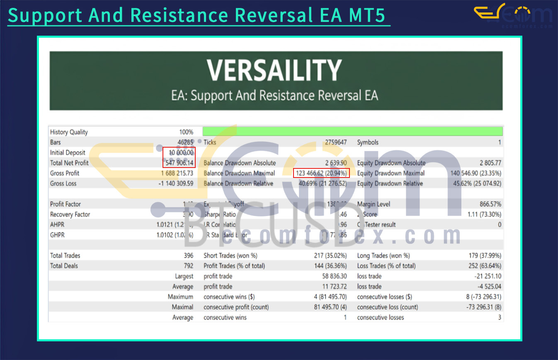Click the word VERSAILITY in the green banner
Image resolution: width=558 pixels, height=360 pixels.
[x=274, y=71]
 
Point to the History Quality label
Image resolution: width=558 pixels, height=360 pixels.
[x=69, y=132]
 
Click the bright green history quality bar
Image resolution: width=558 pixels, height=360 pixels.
[x=352, y=132]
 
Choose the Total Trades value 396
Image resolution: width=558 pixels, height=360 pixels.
[x=188, y=255]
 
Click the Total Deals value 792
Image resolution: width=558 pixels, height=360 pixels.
[x=188, y=266]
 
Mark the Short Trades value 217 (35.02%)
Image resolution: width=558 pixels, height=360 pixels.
[x=330, y=255]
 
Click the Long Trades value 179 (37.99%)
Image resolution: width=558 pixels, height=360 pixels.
[x=483, y=255]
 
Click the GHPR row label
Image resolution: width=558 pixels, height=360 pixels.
[x=57, y=235]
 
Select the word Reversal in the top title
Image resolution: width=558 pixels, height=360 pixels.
[x=284, y=15]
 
